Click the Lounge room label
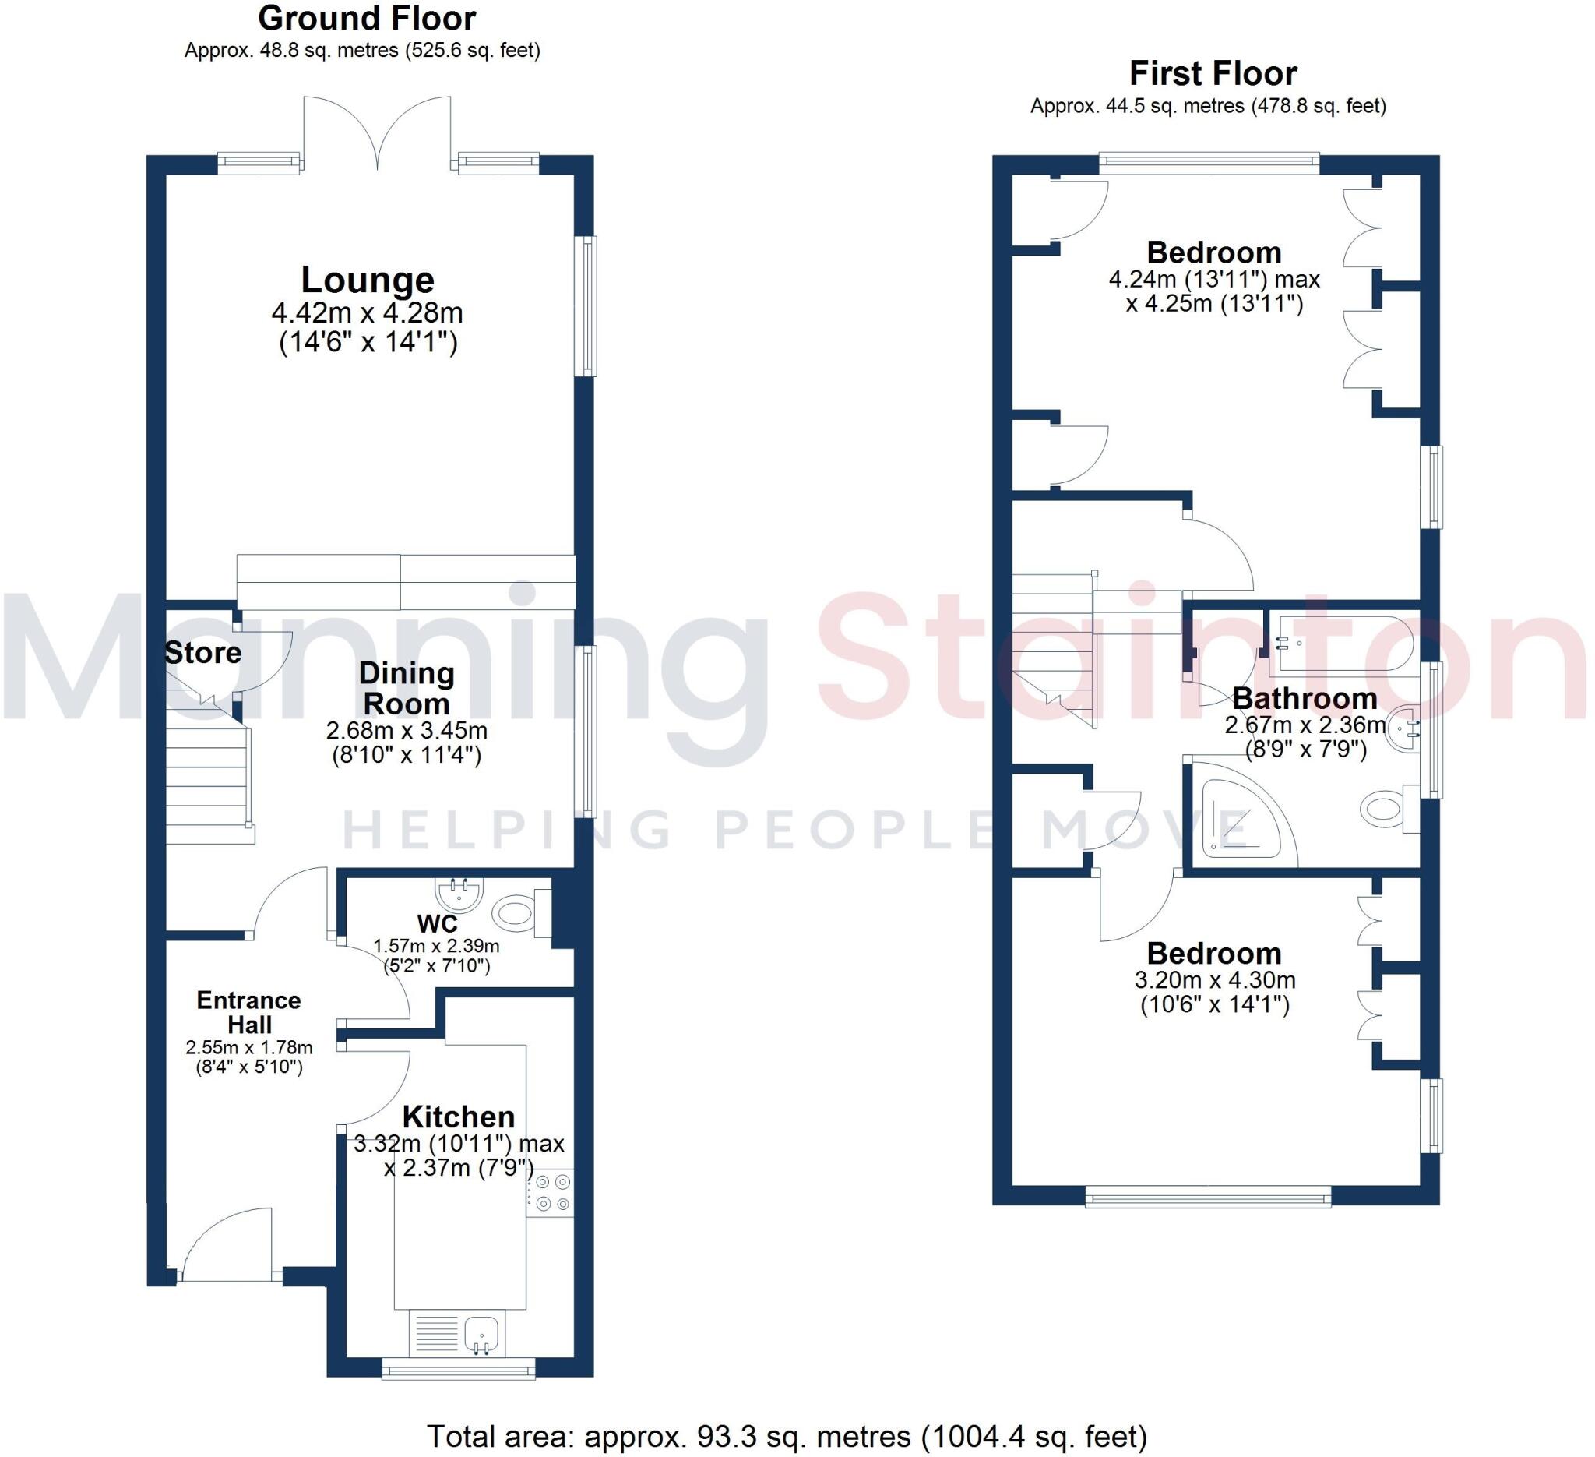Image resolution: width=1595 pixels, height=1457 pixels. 367,280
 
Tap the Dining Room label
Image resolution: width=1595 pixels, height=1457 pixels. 406,689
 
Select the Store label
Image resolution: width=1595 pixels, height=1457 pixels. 202,653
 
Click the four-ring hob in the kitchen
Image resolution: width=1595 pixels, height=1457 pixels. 551,1193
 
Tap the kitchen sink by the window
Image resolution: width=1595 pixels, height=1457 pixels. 481,1335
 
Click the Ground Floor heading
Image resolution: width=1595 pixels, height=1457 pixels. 367,18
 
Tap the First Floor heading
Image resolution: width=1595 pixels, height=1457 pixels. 1213,73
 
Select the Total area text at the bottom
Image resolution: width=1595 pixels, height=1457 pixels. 787,1436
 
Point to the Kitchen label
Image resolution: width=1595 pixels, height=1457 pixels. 458,1117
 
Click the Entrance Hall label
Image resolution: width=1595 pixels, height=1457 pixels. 249,1012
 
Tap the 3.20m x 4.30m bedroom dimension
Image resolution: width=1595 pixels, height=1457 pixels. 1214,981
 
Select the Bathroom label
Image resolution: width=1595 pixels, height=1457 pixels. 1305,699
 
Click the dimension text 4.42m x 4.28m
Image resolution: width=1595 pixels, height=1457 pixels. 367,313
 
